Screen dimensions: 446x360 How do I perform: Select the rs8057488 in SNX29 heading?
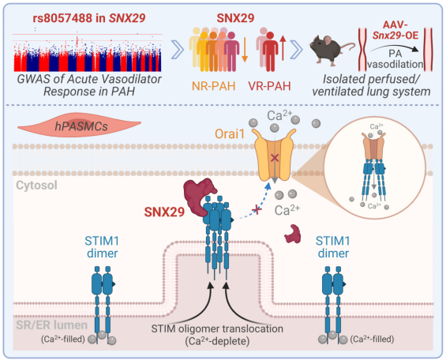click(x=89, y=18)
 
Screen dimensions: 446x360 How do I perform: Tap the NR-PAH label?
click(x=214, y=86)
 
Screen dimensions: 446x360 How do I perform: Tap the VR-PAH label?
click(x=269, y=86)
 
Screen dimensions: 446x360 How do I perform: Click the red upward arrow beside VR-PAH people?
click(x=283, y=48)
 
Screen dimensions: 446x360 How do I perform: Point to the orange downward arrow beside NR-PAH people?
click(x=245, y=50)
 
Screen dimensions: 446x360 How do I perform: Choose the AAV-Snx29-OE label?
click(x=395, y=30)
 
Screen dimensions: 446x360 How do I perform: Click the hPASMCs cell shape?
click(x=80, y=125)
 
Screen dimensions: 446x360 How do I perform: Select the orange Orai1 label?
click(x=230, y=134)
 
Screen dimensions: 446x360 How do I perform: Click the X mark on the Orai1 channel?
click(x=275, y=158)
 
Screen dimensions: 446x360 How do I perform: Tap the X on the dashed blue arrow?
click(x=257, y=210)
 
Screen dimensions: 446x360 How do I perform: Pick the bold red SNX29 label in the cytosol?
click(x=164, y=212)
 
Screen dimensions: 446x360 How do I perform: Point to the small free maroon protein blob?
click(x=293, y=234)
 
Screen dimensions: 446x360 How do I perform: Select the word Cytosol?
click(x=36, y=185)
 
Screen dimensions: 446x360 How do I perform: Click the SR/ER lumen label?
click(x=51, y=325)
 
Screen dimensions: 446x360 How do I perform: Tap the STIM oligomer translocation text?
click(x=217, y=328)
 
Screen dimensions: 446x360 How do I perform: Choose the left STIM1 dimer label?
click(x=102, y=247)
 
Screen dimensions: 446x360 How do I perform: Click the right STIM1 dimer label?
click(x=333, y=247)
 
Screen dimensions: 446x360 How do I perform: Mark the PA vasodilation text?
click(x=395, y=59)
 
